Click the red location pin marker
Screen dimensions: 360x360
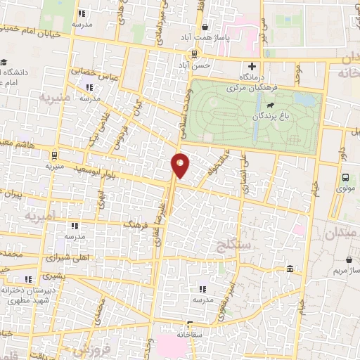(x=181, y=165)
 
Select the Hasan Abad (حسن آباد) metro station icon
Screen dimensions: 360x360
(x=193, y=54)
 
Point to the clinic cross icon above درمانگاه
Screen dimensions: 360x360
(x=252, y=65)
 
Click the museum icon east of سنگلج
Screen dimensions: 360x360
(x=290, y=269)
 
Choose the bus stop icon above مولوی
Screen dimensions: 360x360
(x=345, y=178)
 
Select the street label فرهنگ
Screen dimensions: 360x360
(x=137, y=224)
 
